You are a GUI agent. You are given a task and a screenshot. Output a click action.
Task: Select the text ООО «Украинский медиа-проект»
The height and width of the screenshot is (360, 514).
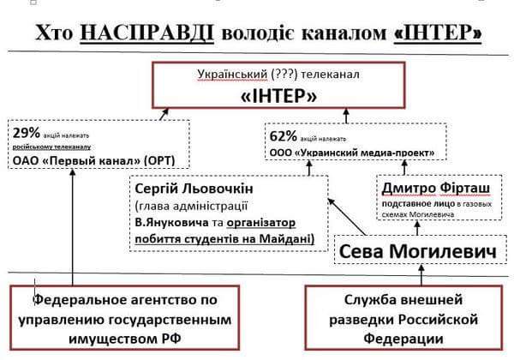coord(356,152)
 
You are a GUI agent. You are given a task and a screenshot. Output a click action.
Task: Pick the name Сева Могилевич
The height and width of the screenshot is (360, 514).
coord(407,252)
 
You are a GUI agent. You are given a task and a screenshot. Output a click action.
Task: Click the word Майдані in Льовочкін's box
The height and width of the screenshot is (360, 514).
coord(287,236)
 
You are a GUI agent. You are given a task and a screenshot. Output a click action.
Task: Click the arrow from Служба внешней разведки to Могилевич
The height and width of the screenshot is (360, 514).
coord(421,274)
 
